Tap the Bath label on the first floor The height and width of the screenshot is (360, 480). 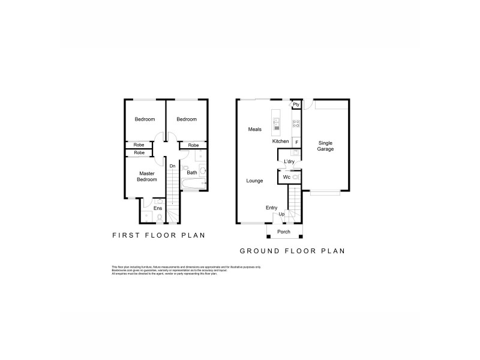191,173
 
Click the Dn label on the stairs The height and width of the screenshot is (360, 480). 172,166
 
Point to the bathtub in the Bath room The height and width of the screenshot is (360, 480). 186,179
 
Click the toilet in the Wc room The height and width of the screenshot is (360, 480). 295,178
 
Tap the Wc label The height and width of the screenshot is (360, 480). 286,178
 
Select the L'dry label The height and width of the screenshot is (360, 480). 289,161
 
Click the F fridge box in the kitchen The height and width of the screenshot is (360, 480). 297,142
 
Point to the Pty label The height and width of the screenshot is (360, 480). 296,104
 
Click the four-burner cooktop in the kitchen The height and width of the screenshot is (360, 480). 296,125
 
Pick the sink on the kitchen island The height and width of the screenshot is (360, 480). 277,125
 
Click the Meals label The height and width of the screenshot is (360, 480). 254,129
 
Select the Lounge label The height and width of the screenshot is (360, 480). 254,180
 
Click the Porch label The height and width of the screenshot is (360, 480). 283,232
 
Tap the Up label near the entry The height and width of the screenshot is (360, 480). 281,214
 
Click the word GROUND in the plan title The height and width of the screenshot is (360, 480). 263,251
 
